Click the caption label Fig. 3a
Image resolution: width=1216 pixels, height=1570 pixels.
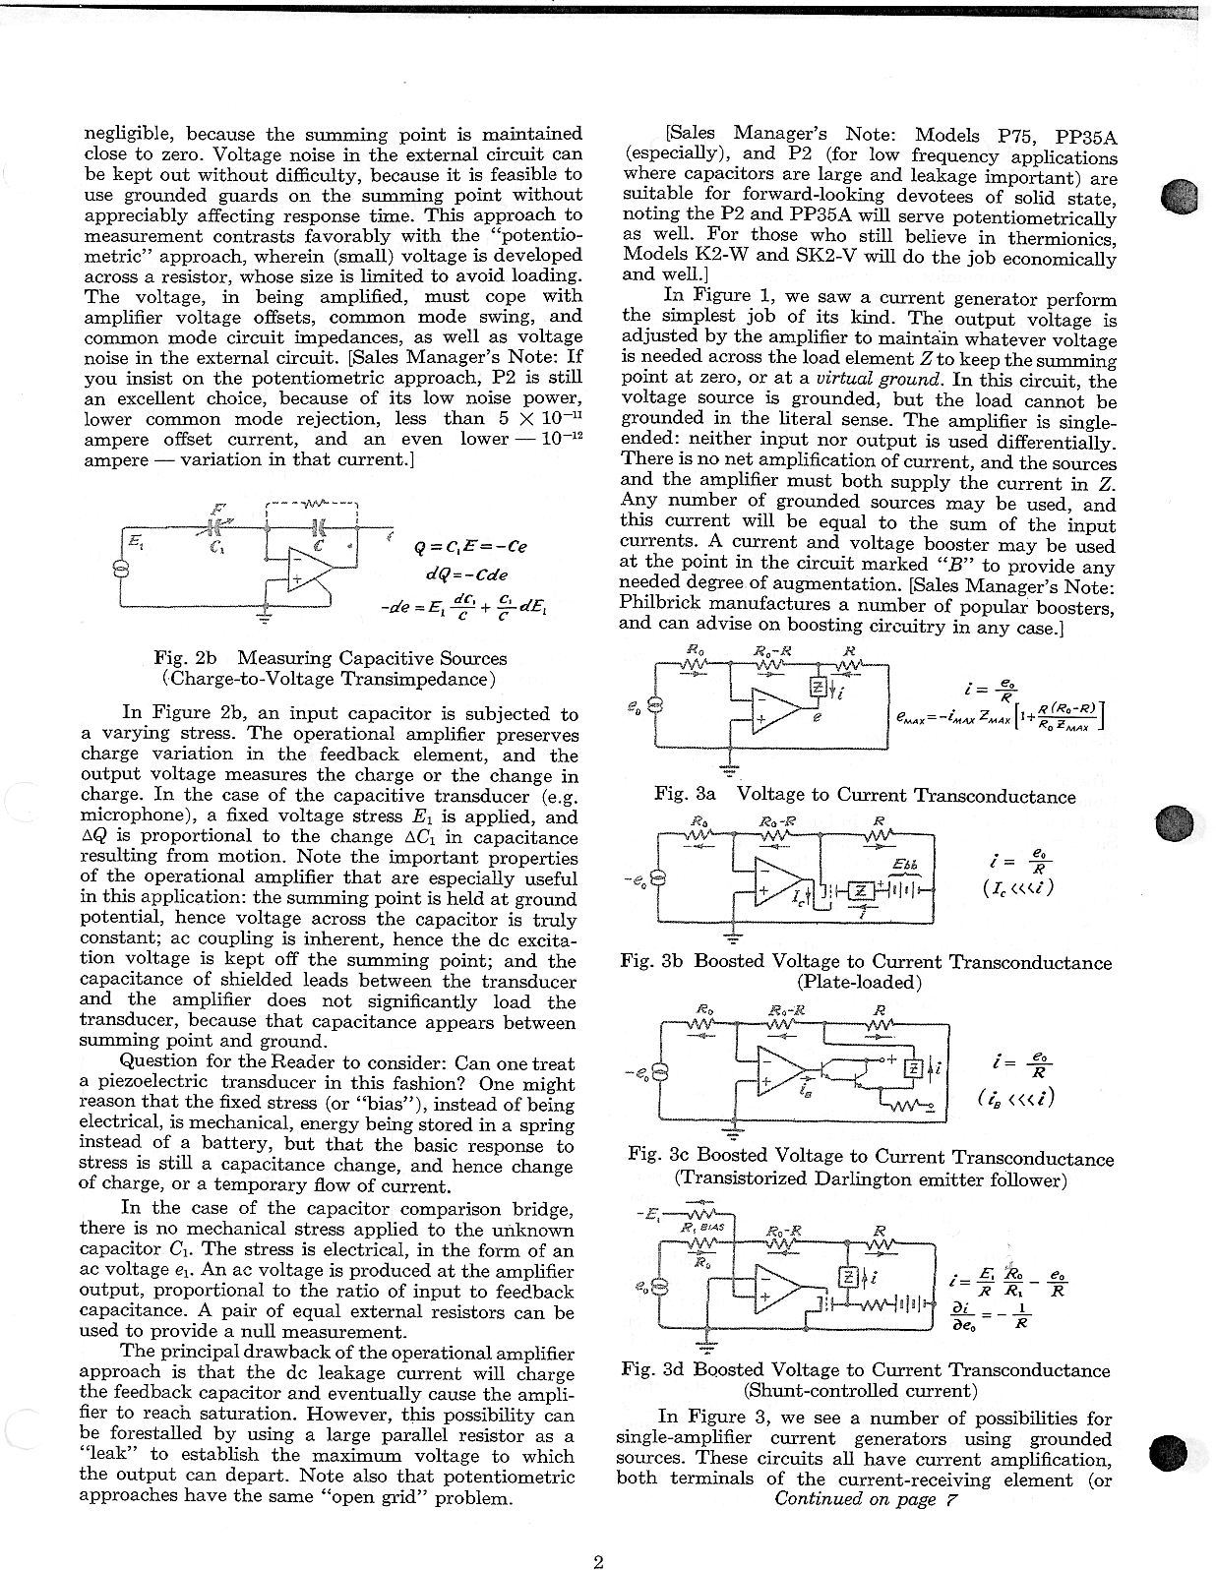685,795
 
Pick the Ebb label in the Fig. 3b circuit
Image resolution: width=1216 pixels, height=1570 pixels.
904,864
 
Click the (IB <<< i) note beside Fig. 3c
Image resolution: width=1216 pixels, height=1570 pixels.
1016,1096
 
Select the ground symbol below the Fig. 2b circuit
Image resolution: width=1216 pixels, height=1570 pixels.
262,619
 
